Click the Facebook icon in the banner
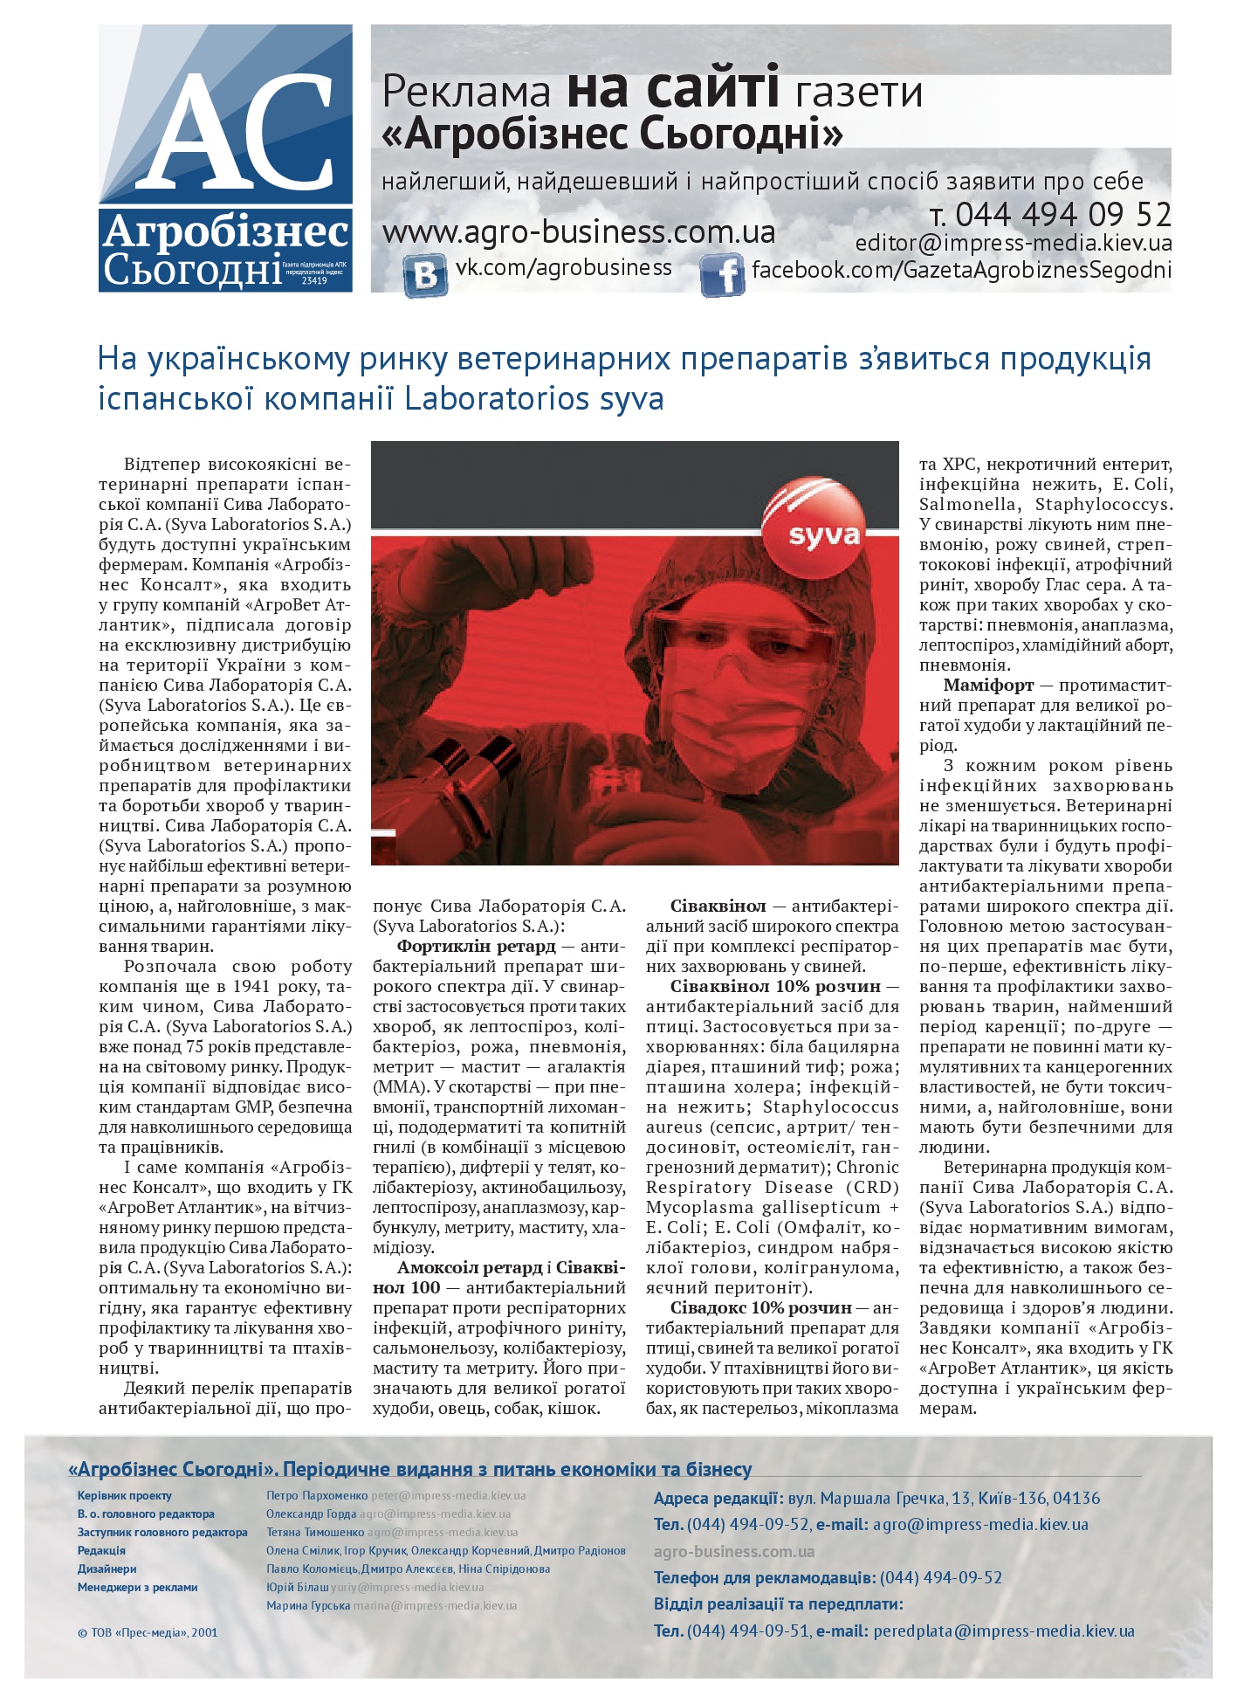pyautogui.click(x=722, y=275)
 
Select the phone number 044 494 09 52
pyautogui.click(x=1062, y=214)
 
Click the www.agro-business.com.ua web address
pyautogui.click(x=579, y=232)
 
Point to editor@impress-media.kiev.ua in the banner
pyautogui.click(x=1013, y=243)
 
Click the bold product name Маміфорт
pyautogui.click(x=988, y=686)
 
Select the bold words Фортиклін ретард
pyautogui.click(x=476, y=946)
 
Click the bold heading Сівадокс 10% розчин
pyautogui.click(x=760, y=1308)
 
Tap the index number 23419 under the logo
pyautogui.click(x=313, y=281)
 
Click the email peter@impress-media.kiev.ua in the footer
pyautogui.click(x=448, y=1496)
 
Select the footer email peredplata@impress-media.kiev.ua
pyautogui.click(x=1003, y=1631)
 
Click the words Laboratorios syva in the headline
pyautogui.click(x=534, y=399)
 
